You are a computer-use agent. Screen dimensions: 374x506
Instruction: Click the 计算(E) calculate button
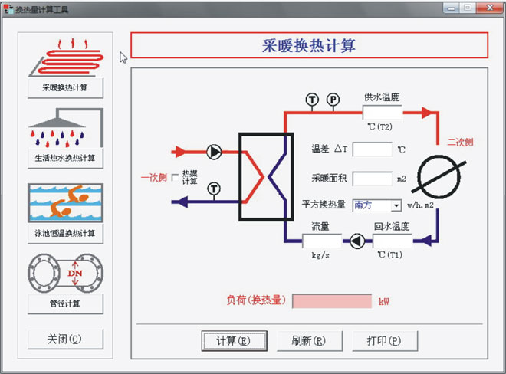click(235, 340)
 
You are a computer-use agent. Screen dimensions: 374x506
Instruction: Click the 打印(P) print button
click(386, 340)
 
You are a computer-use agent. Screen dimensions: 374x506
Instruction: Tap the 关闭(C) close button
click(64, 339)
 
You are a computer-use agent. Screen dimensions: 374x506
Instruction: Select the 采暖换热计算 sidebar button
click(65, 87)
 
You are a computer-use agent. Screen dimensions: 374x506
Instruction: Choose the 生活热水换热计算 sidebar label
click(65, 158)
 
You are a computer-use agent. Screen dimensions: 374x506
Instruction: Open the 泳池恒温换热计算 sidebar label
click(65, 232)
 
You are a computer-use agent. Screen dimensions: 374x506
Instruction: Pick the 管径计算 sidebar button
click(65, 303)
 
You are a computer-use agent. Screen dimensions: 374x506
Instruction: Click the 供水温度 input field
click(383, 112)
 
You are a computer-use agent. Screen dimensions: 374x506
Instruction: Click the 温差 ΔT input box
click(372, 149)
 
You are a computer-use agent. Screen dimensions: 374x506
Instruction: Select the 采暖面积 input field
click(372, 179)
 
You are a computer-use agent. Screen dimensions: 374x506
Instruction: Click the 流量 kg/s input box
click(322, 241)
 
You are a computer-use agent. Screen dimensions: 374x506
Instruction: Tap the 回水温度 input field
click(392, 241)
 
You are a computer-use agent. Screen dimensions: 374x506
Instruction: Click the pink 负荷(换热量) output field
click(332, 301)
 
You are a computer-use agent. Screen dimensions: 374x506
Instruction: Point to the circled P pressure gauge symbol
click(333, 99)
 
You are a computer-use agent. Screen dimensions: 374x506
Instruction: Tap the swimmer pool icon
click(65, 202)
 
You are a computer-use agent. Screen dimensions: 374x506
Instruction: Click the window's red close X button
click(485, 8)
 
